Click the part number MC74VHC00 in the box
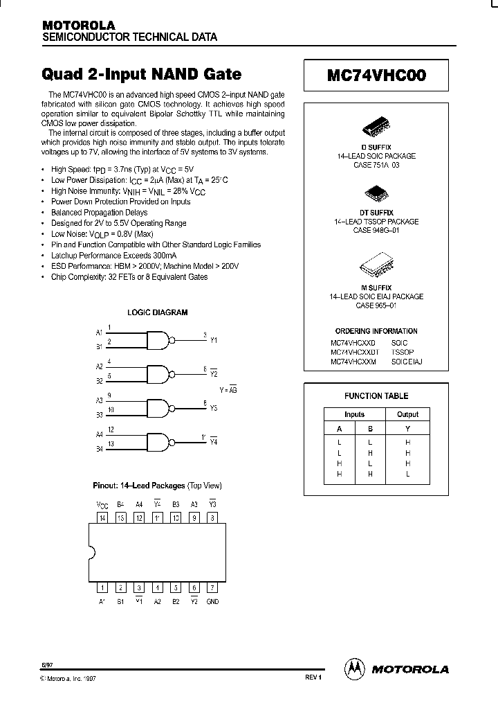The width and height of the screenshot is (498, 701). [376, 77]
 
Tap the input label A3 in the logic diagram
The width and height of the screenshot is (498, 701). [99, 400]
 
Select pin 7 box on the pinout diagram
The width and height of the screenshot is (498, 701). [212, 587]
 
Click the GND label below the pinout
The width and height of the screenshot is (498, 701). [212, 601]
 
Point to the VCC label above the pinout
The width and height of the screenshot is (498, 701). [101, 504]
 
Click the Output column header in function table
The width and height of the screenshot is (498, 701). [407, 414]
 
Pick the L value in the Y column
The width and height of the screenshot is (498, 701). [408, 474]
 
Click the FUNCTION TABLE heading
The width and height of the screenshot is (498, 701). [376, 396]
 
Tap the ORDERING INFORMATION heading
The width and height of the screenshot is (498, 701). [376, 331]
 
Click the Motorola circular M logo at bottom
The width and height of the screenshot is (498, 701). [354, 668]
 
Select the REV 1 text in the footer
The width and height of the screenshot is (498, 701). [313, 677]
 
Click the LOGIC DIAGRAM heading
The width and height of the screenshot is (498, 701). [157, 312]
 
